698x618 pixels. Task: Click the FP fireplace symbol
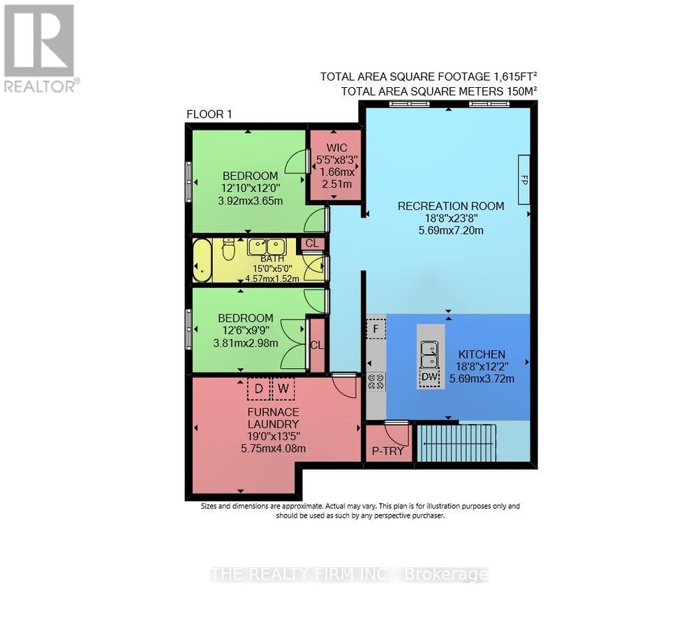click(x=524, y=179)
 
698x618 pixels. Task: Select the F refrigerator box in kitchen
click(x=376, y=328)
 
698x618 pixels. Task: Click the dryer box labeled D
click(x=258, y=389)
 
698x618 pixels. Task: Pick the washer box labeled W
click(x=283, y=389)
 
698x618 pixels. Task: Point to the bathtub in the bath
click(x=202, y=261)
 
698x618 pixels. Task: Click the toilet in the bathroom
click(x=228, y=249)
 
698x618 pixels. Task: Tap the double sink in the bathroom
click(x=267, y=246)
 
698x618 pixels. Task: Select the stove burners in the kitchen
click(x=376, y=381)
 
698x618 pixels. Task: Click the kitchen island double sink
click(x=430, y=354)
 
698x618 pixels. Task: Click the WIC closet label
click(x=336, y=148)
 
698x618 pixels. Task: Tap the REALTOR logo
click(x=40, y=47)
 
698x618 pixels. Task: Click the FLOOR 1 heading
click(x=209, y=114)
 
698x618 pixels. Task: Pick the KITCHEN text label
click(x=482, y=354)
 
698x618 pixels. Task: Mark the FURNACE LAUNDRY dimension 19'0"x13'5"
click(x=273, y=437)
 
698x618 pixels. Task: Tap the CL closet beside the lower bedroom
click(x=316, y=345)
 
